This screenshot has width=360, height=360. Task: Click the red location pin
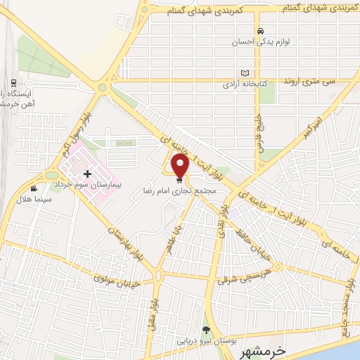[180, 166]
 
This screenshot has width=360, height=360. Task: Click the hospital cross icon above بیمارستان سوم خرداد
[87, 173]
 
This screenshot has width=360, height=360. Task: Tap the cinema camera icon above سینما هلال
[34, 188]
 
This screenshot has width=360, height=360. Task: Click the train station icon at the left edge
[14, 83]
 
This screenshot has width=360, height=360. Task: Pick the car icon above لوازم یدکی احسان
[261, 31]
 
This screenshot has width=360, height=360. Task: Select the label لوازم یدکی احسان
[261, 41]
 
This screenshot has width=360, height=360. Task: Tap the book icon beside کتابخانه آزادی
[245, 73]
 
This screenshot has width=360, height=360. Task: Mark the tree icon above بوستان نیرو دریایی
[206, 330]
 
